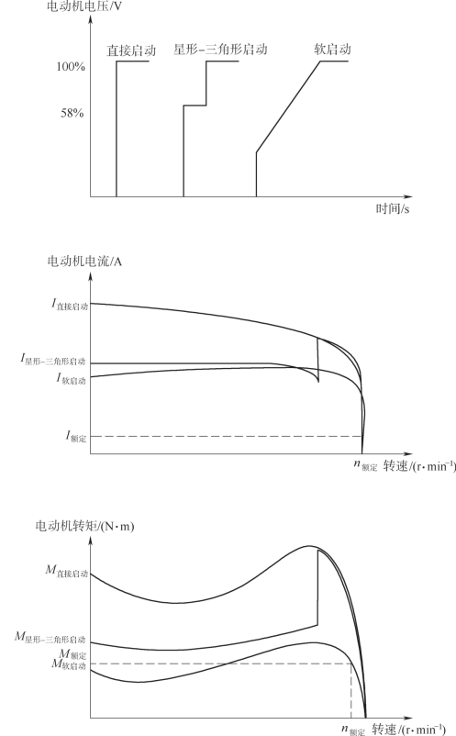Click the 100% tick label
coord(71,67)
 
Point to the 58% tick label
coord(72,113)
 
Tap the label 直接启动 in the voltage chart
coord(131,50)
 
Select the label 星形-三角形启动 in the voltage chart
coord(220,50)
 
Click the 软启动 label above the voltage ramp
coord(332,50)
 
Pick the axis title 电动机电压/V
coord(84,6)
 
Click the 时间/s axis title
coord(392,208)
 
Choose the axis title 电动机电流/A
coord(84,261)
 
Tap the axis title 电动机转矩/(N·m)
coord(84,526)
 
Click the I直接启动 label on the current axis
coord(70,305)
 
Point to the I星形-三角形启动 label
coord(53,360)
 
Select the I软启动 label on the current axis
coord(72,379)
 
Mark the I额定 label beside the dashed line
coord(76,437)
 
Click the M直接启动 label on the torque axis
coord(67,571)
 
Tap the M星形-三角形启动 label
coord(50,638)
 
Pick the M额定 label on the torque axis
coord(72,653)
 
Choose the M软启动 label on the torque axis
coord(69,664)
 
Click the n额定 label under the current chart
coord(365,465)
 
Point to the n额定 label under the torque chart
coord(353,730)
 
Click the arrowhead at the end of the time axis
coord(408,196)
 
